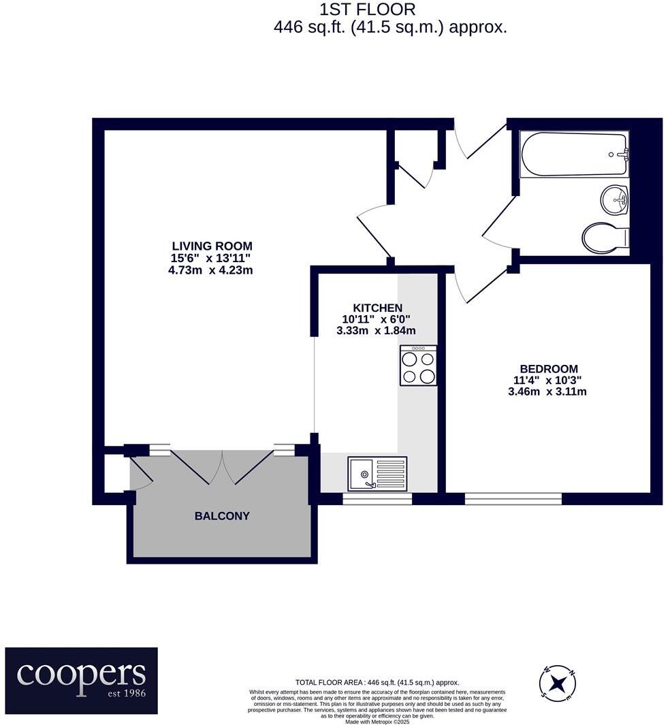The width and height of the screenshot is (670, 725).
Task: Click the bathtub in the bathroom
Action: coord(573,155)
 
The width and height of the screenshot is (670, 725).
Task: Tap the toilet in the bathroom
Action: coord(605,238)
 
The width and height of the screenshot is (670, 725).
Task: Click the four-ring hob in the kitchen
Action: coord(418,366)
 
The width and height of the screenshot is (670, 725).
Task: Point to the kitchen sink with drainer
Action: coord(377,474)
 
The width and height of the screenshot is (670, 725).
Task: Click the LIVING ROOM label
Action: coord(212,246)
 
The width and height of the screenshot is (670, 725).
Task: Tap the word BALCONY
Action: coord(222,516)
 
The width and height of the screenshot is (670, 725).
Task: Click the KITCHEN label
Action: coord(377,308)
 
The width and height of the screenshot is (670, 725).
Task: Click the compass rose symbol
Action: coord(558,683)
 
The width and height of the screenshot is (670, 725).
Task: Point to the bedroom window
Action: coord(513,499)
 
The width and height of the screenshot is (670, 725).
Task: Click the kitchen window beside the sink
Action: coord(377,499)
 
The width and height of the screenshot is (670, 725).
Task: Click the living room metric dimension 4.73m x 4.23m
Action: coord(212,270)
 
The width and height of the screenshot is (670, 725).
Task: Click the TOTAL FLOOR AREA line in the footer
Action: coord(377,682)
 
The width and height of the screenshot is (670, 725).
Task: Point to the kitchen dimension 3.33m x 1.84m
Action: coord(377,331)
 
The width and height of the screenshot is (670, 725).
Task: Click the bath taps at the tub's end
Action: coord(622,155)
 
